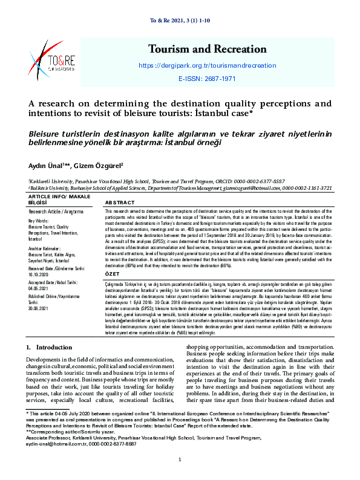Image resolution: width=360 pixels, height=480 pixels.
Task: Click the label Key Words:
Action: tap(39, 221)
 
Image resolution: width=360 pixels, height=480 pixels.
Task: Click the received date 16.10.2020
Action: tap(40, 273)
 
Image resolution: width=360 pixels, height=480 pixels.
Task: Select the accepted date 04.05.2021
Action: tap(40, 289)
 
